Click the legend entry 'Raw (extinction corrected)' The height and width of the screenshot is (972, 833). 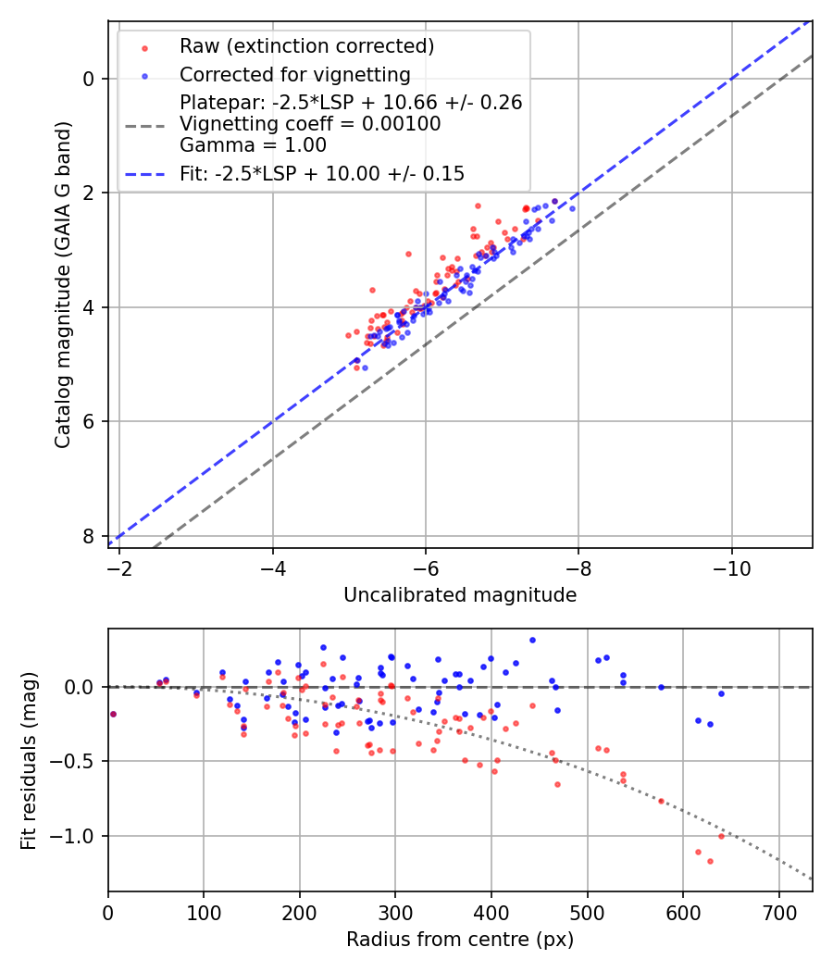point(306,46)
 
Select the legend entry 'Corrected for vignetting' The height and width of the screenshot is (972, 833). point(294,75)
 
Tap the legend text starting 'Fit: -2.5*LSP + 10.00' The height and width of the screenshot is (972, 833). point(321,173)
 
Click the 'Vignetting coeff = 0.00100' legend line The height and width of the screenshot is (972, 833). point(310,124)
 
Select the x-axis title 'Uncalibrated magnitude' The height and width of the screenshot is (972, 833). point(460,595)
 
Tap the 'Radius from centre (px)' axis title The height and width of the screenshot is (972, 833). point(460,940)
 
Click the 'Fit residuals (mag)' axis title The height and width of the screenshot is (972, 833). point(29,760)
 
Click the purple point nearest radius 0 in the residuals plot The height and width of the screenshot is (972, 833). point(113,714)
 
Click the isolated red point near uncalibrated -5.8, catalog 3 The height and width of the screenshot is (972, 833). point(408,254)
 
